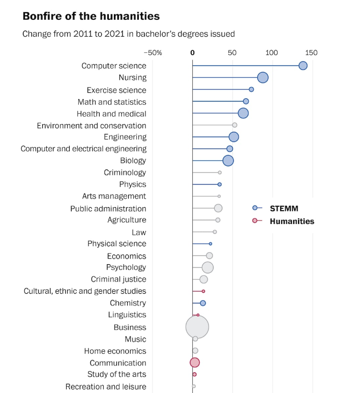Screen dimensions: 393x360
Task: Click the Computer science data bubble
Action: coord(303,66)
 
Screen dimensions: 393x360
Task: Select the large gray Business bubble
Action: coord(197,327)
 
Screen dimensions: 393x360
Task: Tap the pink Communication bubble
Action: coord(195,362)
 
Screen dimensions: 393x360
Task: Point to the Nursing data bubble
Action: coord(262,77)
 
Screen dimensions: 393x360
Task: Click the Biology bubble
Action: coord(228,160)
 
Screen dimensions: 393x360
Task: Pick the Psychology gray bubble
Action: coord(207,267)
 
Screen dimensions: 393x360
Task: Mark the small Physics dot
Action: coord(220,184)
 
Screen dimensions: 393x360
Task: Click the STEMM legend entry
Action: coord(283,208)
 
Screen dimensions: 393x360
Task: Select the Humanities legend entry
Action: coord(291,221)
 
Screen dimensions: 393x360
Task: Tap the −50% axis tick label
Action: coord(153,53)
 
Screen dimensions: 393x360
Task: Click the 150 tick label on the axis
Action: coord(311,53)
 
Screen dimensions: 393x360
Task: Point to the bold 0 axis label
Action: coord(192,53)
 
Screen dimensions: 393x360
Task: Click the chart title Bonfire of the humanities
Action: coord(91,16)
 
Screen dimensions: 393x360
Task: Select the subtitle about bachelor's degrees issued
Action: coord(129,34)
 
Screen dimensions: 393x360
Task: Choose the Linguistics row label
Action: coord(127,315)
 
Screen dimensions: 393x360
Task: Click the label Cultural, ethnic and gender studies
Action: coord(85,291)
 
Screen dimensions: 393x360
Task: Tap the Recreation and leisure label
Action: coord(106,387)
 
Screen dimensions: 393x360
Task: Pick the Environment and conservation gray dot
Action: coord(234,125)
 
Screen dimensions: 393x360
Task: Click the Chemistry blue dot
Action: coord(203,303)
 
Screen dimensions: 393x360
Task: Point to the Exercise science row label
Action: coord(116,90)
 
